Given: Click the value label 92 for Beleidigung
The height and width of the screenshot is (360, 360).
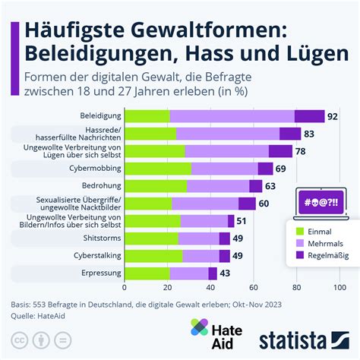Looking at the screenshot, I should (x=331, y=116).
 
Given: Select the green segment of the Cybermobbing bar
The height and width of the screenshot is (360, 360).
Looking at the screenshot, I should (x=157, y=169).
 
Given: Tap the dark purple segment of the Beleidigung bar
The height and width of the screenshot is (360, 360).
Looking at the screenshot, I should (x=309, y=116).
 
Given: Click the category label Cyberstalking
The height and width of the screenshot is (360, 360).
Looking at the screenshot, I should (x=95, y=256).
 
